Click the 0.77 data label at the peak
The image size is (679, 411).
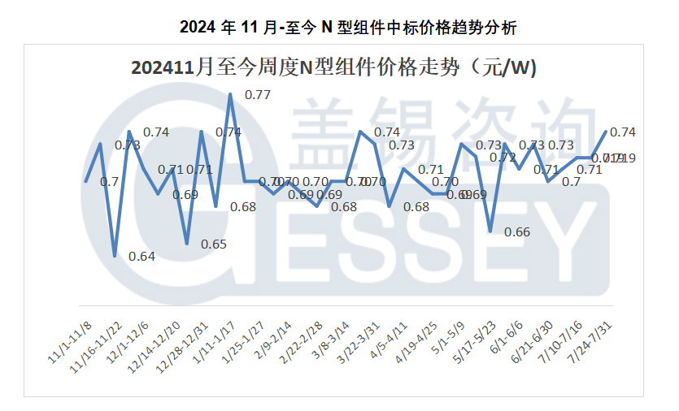point(258,95)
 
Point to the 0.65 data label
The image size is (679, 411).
point(214,244)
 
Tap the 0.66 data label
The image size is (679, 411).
point(517,232)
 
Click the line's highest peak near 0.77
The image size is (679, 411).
point(230,94)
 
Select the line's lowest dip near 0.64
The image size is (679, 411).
point(115,256)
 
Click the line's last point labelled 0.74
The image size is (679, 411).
point(605,131)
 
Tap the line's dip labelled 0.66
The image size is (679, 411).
point(490,231)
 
